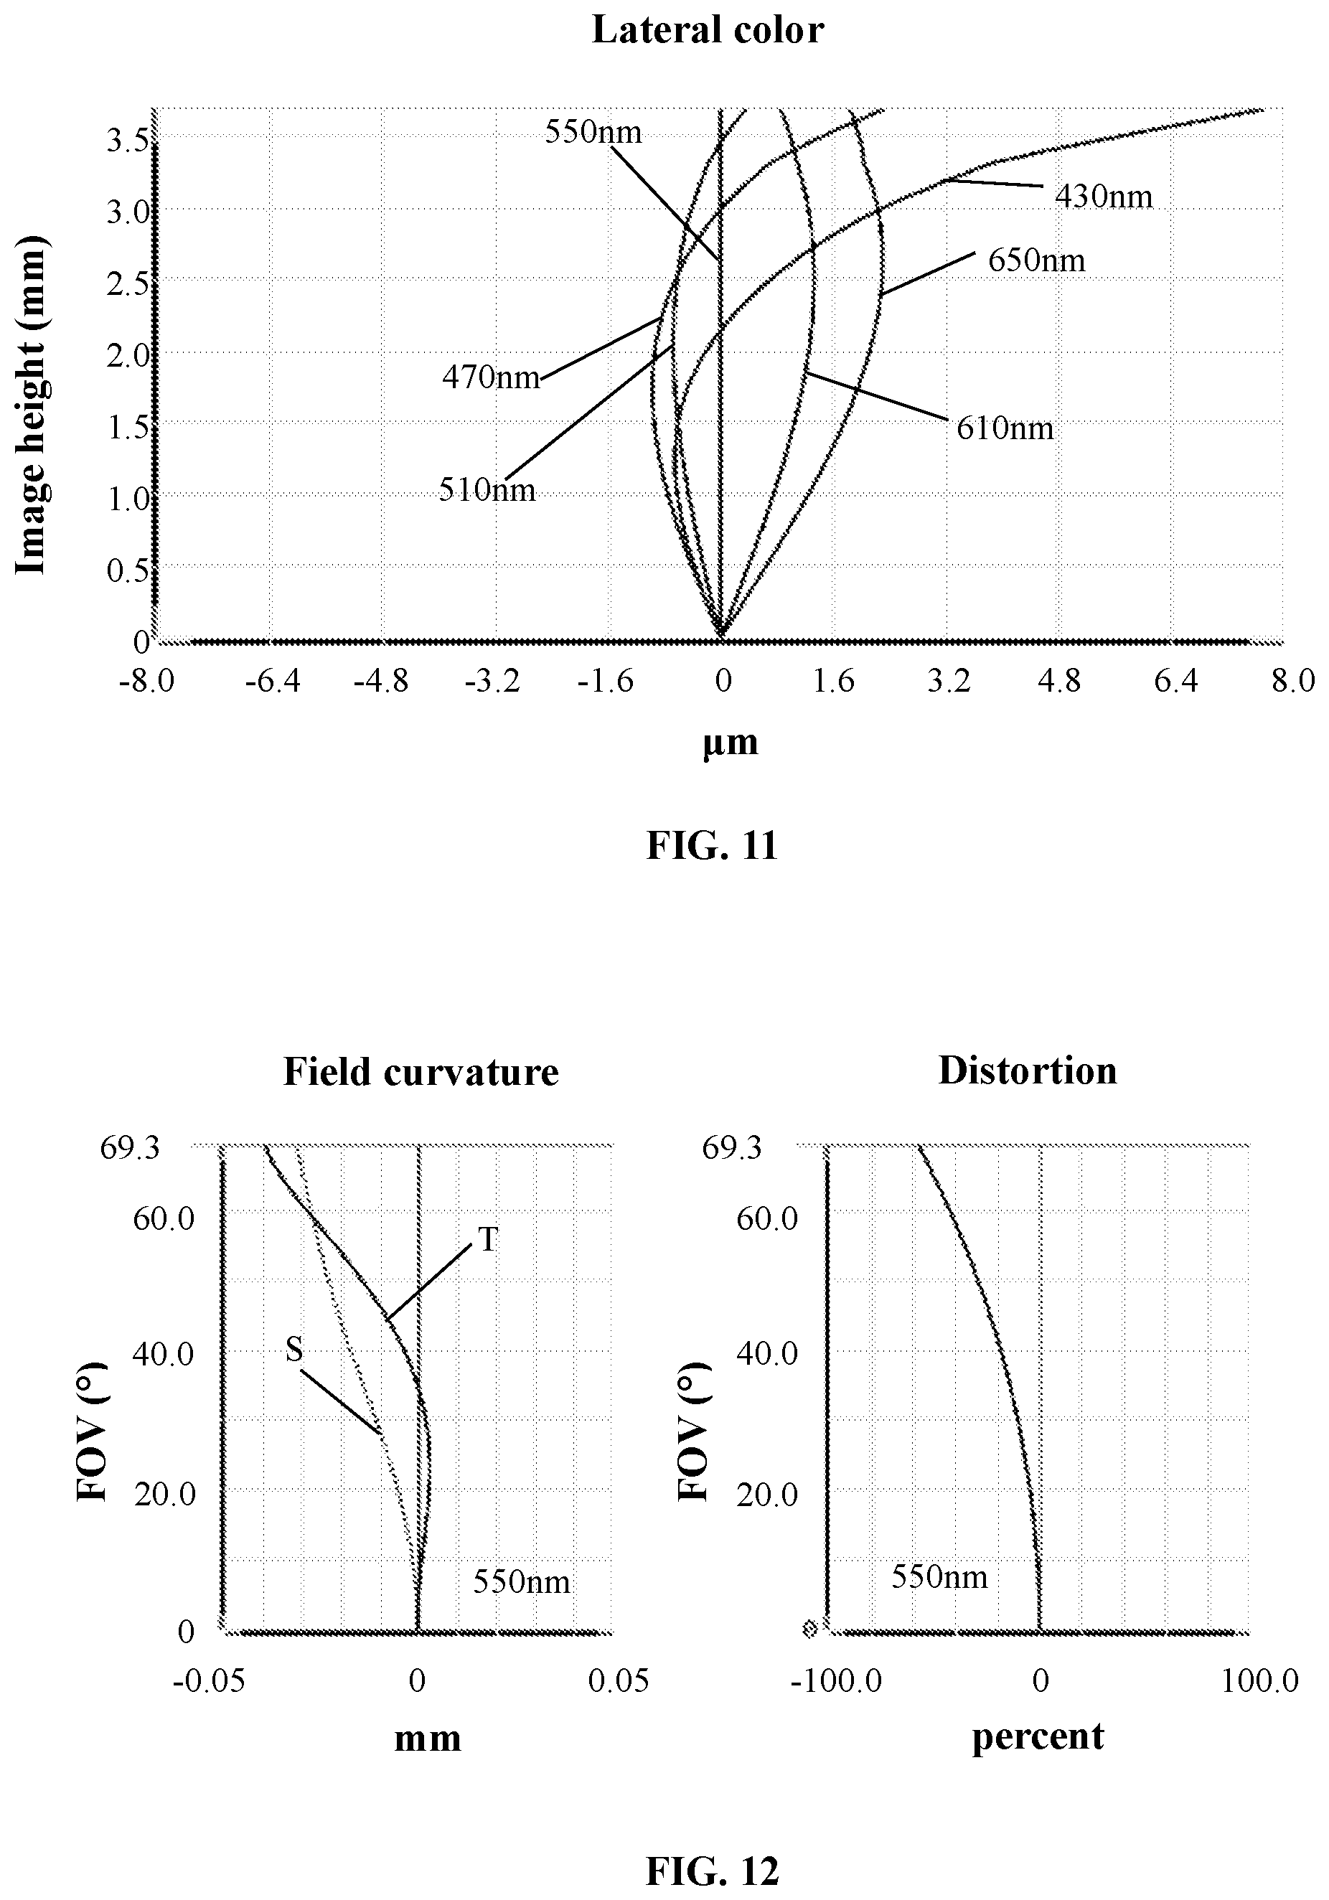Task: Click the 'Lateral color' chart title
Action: [708, 31]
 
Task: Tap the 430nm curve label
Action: [1104, 196]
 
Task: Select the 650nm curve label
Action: [1037, 260]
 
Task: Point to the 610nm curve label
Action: [1005, 428]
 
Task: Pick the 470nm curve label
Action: [491, 378]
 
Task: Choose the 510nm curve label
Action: [487, 491]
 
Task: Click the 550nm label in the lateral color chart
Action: [593, 131]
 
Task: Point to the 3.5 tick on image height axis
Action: [128, 140]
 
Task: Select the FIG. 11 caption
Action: [712, 846]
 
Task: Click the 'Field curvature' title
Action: [421, 1072]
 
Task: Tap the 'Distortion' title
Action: [1028, 1071]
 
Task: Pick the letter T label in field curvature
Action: [488, 1239]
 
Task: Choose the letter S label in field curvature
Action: [293, 1350]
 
